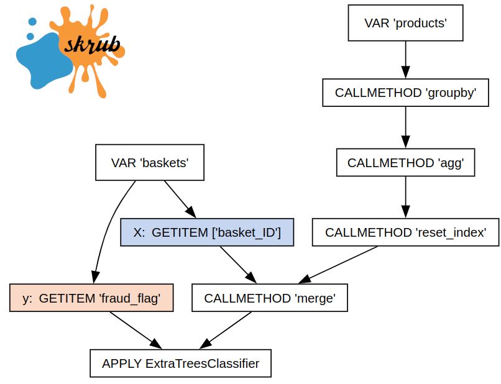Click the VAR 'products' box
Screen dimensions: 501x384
pos(405,23)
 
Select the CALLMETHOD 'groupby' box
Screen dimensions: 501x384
pos(405,93)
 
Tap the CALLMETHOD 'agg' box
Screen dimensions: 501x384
pos(405,163)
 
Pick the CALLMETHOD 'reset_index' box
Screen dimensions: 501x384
pos(405,232)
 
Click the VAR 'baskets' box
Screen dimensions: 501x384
pos(150,163)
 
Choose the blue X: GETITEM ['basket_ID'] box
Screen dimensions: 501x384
pos(207,232)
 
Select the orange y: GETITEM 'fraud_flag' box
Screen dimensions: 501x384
pos(91,298)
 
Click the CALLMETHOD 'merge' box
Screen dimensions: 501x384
pos(270,298)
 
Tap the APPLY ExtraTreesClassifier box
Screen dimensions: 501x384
pos(180,363)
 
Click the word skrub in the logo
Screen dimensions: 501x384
pos(93,45)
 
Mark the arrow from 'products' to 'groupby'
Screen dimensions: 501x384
pos(405,60)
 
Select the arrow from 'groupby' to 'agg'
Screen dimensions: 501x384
pos(405,127)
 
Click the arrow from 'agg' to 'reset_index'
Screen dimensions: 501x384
pos(405,198)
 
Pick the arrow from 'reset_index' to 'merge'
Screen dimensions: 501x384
pos(338,265)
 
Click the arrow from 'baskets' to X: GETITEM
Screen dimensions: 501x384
pos(180,199)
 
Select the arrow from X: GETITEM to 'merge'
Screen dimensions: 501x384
pos(238,265)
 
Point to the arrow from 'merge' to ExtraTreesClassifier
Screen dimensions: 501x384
pos(225,331)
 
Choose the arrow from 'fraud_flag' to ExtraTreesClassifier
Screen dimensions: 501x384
pos(136,331)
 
